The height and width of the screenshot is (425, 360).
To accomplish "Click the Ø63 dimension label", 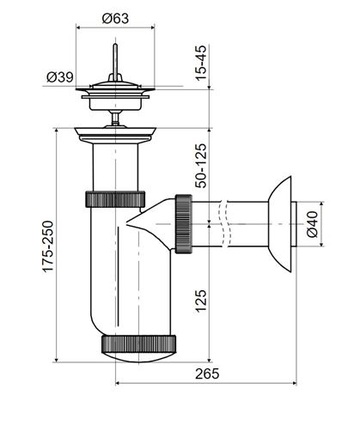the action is (115, 19).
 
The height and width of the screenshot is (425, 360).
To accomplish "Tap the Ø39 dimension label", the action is (60, 77).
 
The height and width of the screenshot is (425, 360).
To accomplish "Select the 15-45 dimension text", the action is (200, 63).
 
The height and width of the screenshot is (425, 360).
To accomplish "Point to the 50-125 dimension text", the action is (200, 166).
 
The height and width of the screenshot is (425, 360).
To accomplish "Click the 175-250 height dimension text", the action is (48, 246).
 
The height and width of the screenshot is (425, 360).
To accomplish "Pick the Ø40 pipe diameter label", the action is (312, 224).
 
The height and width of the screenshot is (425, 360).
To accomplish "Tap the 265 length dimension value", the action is (207, 373).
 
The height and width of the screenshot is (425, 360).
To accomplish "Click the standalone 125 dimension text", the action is (200, 301).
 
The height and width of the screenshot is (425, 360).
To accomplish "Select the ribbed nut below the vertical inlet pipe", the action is (115, 199).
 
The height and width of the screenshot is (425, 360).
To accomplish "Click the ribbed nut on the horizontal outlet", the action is (184, 224).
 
